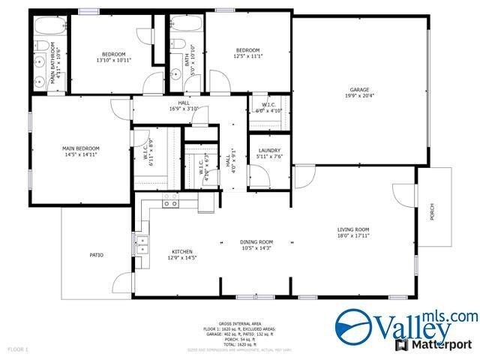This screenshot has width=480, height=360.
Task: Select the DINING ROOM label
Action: pos(256,242)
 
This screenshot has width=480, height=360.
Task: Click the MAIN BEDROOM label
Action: pos(80,148)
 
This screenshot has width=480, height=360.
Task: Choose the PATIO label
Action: pos(96,255)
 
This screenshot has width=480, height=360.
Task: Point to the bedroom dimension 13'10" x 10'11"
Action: pos(114,61)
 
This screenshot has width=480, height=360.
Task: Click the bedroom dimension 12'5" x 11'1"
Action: pos(248,56)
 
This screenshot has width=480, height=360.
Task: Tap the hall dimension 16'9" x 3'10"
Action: pos(183,109)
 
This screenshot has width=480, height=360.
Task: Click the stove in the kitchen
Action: pos(171,200)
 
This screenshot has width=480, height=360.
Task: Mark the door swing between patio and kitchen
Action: pos(121,284)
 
